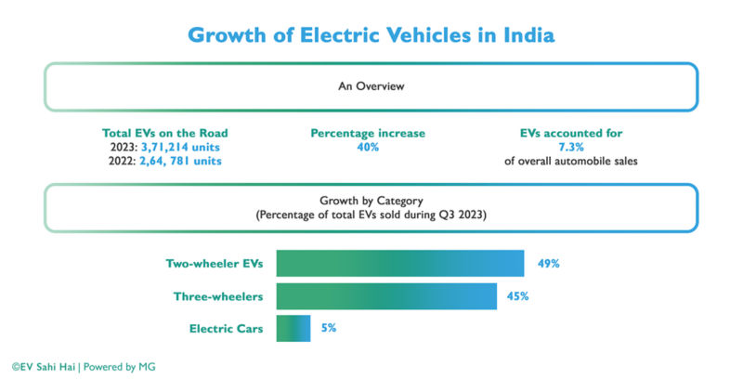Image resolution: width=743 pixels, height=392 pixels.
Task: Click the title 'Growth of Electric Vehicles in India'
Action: (371, 35)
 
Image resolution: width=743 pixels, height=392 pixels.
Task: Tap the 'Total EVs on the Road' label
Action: (165, 133)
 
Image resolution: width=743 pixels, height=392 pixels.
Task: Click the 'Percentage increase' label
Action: (368, 133)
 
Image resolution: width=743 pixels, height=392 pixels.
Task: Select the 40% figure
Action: (368, 147)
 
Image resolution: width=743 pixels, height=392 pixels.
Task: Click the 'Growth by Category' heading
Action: (371, 200)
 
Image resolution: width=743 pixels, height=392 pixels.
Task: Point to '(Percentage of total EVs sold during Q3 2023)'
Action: (371, 214)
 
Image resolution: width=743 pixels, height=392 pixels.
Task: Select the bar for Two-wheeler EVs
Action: (399, 264)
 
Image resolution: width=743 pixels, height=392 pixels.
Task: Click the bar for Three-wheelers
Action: (385, 296)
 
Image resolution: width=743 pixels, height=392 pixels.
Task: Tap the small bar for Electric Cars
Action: (293, 328)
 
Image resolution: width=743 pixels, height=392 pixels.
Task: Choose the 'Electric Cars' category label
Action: (226, 328)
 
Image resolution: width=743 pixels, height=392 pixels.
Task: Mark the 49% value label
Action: (548, 264)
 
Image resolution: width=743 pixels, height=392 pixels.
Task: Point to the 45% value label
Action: (518, 296)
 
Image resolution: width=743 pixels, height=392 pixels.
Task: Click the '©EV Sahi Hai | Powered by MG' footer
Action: (84, 367)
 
